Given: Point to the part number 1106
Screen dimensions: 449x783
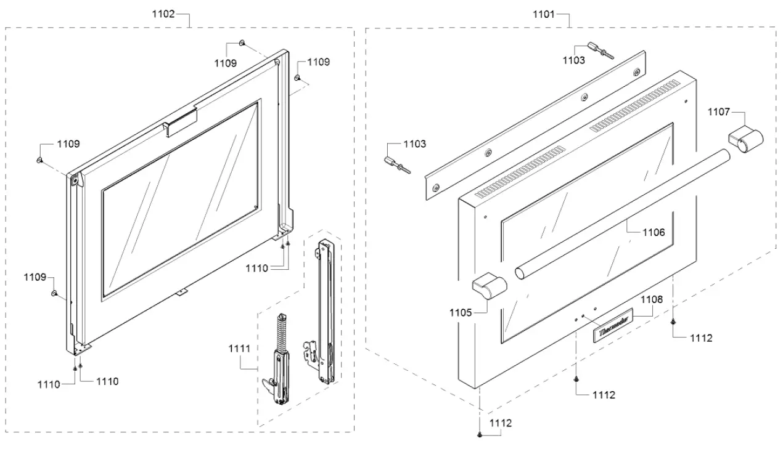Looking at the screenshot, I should pos(653,232).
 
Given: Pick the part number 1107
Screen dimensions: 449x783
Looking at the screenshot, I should pos(718,112).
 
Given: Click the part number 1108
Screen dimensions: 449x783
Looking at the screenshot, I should pos(651,299).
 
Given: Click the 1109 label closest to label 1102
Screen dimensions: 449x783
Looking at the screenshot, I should pos(225,63).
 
